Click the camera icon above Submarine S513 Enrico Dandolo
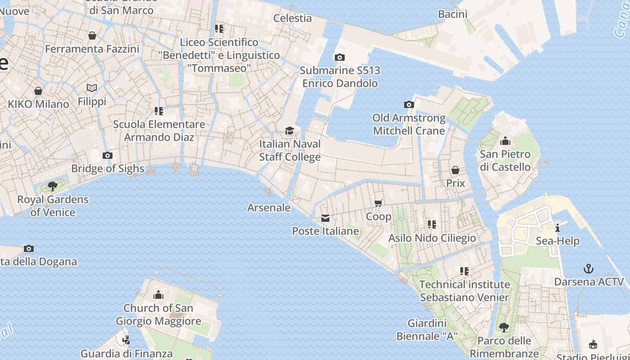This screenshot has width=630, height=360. [x=339, y=57]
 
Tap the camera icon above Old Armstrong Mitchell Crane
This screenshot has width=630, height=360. [x=409, y=105]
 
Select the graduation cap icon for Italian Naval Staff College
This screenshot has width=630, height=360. [x=290, y=130]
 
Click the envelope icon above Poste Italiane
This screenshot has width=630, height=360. [x=325, y=218]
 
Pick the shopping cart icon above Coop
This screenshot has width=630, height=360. [x=378, y=203]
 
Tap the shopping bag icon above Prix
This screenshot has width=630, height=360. [x=455, y=170]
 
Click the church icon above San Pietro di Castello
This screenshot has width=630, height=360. [x=505, y=141]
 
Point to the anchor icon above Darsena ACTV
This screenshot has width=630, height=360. [x=589, y=269]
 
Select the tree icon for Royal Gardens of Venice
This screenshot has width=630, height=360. [x=53, y=186]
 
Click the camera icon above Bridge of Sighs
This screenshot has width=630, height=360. [x=107, y=156]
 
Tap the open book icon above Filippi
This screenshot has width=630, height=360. [x=92, y=88]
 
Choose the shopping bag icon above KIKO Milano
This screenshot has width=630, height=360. [x=38, y=91]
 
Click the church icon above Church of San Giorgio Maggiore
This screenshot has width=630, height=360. [x=158, y=295]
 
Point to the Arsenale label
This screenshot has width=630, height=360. [x=269, y=208]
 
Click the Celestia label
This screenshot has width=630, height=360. [x=292, y=18]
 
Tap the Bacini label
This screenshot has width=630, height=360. [x=453, y=14]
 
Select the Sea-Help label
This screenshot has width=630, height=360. [x=558, y=241]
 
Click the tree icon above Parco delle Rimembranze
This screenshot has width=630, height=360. [x=504, y=327]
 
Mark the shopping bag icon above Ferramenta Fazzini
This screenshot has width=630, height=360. [x=92, y=36]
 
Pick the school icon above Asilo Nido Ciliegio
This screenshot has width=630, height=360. [x=432, y=224]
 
